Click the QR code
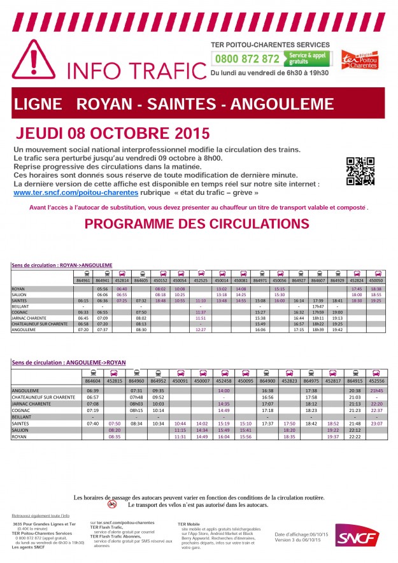pos(359,171)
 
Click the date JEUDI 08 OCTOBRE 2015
pos(112,134)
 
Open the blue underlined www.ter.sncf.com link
pos(75,192)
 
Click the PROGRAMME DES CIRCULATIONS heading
pos(197,224)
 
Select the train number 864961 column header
pos(83,280)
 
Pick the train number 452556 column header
pos(377,381)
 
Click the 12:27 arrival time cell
pos(201,330)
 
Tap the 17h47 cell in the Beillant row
pos(318,306)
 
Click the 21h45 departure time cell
pos(377,390)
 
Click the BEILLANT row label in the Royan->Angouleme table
pos(21,306)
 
